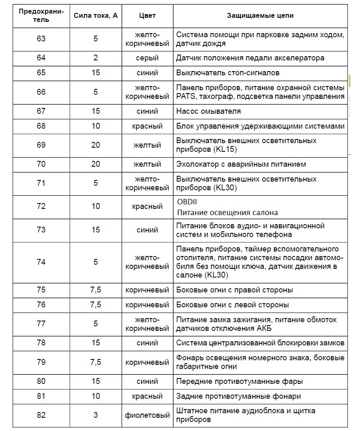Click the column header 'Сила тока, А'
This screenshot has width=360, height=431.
[x=96, y=16]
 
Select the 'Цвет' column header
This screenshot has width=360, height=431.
[x=147, y=16]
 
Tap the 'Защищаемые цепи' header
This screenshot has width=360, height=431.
[x=260, y=16]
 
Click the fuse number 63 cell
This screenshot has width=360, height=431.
[x=41, y=39]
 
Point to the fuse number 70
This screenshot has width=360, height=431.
[x=41, y=164]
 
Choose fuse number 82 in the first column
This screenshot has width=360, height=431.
[x=41, y=415]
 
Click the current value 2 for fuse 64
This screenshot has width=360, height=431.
[x=96, y=58]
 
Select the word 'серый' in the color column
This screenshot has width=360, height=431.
[x=147, y=58]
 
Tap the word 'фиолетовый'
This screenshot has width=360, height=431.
[x=147, y=415]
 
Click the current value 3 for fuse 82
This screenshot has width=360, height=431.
[x=96, y=415]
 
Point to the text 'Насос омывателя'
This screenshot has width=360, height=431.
[x=208, y=111]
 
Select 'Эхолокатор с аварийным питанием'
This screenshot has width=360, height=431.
[x=241, y=164]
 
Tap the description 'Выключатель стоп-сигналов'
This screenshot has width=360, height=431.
[x=228, y=73]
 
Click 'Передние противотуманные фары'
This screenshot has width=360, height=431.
[x=240, y=381]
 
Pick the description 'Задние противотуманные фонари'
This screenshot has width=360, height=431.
[x=238, y=396]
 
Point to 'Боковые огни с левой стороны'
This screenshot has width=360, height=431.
[x=233, y=305]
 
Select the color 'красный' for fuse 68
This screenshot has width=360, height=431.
[x=147, y=126]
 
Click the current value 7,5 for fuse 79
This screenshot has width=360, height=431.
[x=96, y=362]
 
